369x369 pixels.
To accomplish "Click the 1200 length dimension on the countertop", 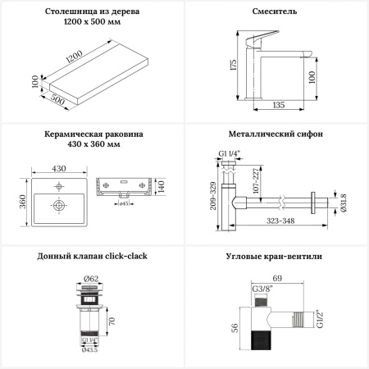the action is [74, 57].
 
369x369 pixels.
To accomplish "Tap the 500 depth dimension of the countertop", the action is [57, 99].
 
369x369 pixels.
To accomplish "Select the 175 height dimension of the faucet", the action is [234, 65].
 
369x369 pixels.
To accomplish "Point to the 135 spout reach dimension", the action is [279, 105].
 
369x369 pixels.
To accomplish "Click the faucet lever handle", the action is [261, 39].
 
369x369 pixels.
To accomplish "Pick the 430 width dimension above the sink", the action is [59, 168].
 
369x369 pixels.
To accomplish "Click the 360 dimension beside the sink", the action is [23, 202].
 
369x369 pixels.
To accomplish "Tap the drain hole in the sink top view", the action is [59, 205].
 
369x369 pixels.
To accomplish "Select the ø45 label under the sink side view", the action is [124, 203].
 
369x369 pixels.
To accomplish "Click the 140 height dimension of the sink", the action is [162, 186].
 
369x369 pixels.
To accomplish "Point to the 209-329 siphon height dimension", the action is [213, 196].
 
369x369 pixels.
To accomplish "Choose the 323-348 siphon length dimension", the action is [280, 221].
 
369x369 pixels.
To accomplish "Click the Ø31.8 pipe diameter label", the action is [344, 203].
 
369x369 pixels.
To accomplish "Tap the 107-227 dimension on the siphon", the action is [257, 180].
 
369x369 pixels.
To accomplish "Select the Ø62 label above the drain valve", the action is [91, 279].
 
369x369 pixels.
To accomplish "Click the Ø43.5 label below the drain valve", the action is [89, 350].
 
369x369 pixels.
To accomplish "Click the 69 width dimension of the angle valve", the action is [277, 278].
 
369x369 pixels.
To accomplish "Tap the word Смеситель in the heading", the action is [275, 11].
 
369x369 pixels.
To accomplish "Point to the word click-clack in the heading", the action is [126, 256].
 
